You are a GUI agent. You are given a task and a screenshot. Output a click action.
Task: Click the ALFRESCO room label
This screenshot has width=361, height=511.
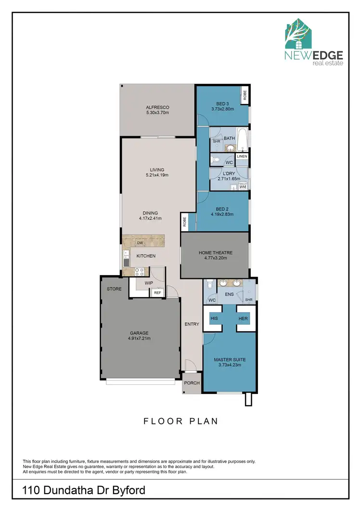(x=158, y=107)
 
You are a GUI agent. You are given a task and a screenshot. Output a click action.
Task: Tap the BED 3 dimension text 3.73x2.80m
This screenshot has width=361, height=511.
(x=222, y=109)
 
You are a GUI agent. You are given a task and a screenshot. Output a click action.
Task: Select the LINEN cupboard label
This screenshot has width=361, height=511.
(x=242, y=157)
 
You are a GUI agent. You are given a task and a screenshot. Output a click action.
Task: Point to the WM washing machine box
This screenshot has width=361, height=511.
(x=243, y=186)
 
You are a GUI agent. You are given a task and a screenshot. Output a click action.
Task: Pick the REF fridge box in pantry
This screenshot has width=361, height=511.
(x=157, y=292)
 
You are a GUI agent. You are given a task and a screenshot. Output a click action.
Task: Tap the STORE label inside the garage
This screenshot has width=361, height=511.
(x=115, y=289)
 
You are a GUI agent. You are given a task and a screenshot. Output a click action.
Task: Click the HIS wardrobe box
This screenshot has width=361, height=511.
(x=215, y=318)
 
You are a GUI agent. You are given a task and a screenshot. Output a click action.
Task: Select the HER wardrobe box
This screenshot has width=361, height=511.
(x=243, y=318)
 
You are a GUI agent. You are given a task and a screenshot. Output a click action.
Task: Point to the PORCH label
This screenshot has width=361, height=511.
(x=192, y=384)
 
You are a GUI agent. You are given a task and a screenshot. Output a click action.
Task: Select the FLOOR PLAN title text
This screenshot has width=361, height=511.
(x=180, y=421)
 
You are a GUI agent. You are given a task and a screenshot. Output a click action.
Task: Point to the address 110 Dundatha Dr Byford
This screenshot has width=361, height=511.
(x=84, y=491)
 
